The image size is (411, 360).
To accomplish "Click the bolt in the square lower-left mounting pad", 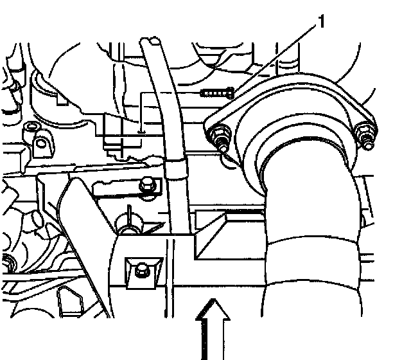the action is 139,269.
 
